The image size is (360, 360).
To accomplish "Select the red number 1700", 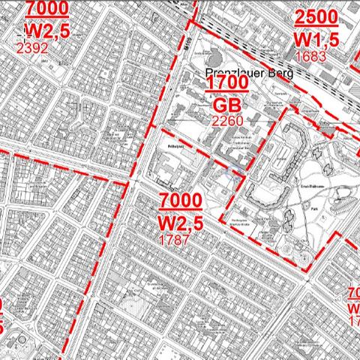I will coord(226,83).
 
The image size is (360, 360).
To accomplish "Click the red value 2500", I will coord(319,19).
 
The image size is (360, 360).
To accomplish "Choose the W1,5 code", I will coord(320,39).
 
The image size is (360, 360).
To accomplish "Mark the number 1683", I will coord(312,55).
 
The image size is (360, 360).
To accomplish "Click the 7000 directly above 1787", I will coord(180,201).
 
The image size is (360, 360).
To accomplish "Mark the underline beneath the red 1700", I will coord(226,92).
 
